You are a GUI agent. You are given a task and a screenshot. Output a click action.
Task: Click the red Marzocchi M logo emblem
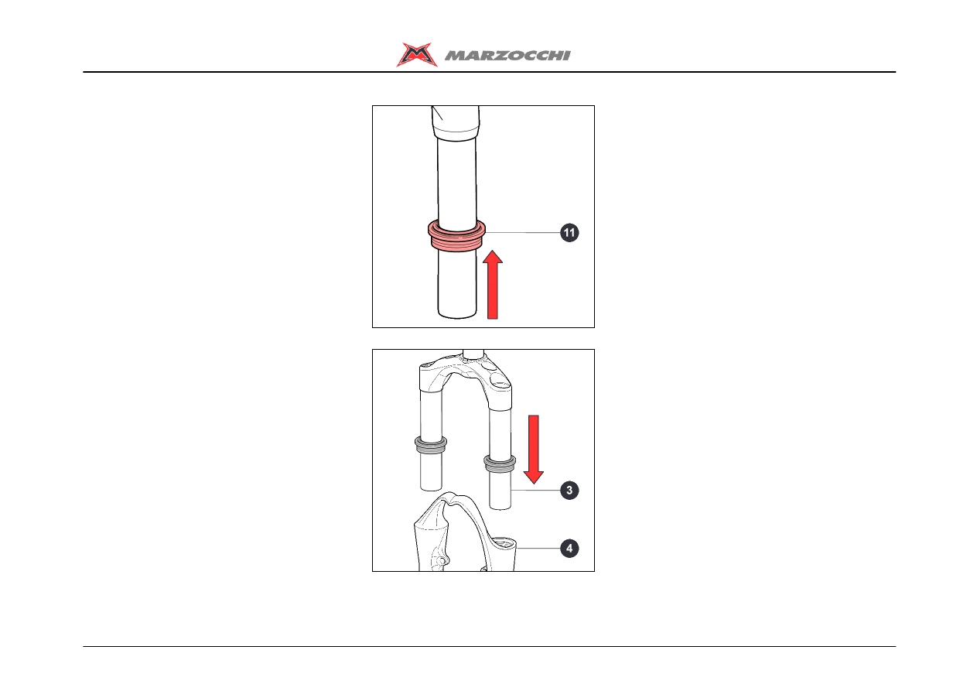click(417, 54)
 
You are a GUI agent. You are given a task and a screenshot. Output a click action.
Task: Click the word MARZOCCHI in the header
click(507, 56)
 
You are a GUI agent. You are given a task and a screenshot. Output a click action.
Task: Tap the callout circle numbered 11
click(569, 232)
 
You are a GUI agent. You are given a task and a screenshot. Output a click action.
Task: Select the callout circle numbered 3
click(569, 491)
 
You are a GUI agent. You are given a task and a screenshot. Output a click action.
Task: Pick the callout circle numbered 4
click(569, 549)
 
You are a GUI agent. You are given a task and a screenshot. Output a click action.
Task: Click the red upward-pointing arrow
click(493, 285)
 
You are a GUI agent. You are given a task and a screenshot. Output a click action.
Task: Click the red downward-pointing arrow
click(534, 450)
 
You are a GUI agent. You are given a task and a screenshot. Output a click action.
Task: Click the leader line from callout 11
click(522, 232)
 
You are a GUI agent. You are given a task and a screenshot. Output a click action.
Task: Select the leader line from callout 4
click(538, 549)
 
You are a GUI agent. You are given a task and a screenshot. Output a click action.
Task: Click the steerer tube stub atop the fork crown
click(473, 354)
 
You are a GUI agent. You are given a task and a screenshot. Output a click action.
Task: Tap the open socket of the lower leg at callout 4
click(503, 542)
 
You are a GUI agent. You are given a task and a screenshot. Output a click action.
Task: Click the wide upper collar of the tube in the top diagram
click(456, 124)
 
